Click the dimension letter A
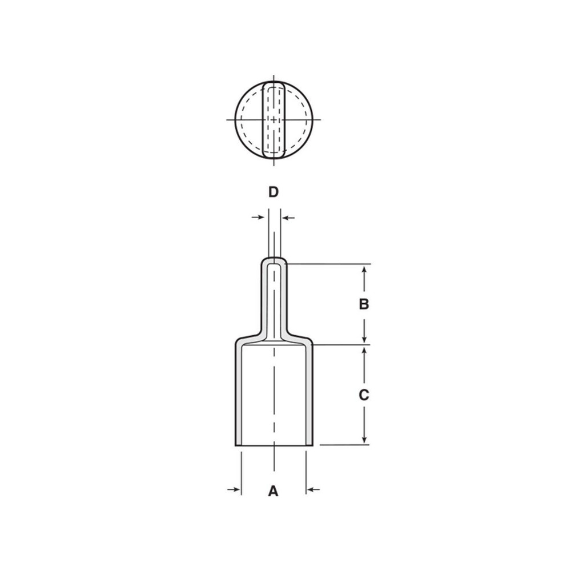pos(274,490)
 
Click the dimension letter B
pos(364,304)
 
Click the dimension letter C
pos(364,395)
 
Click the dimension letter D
pos(274,192)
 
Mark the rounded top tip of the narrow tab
pos(274,259)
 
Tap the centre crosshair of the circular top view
pos(274,119)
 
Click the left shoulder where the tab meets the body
pos(251,336)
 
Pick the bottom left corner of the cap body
pos(236,444)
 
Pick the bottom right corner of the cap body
pos(312,444)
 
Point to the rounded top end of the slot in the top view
pos(274,83)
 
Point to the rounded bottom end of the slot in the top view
pos(274,156)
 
